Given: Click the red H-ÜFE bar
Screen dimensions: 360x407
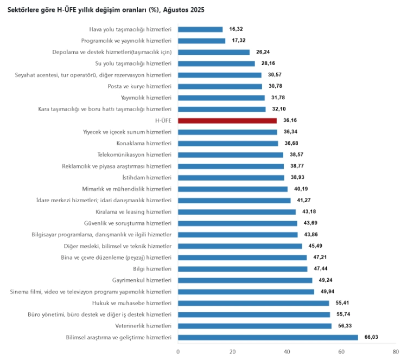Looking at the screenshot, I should (x=227, y=120).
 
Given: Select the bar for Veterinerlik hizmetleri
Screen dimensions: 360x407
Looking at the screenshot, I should (x=255, y=326).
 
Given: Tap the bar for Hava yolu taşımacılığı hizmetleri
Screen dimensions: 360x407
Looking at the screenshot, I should (x=200, y=29).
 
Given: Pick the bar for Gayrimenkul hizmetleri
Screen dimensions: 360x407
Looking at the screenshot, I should (x=245, y=280).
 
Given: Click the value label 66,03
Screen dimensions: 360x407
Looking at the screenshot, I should (x=371, y=337).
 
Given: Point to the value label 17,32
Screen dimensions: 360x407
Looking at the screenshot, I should (x=238, y=41).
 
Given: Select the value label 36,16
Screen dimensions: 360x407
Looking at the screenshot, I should (x=290, y=120).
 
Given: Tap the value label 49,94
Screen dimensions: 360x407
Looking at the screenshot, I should (x=327, y=292).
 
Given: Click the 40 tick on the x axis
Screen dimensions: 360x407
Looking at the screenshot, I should (x=287, y=352).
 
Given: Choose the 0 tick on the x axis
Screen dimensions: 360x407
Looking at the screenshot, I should (x=178, y=352).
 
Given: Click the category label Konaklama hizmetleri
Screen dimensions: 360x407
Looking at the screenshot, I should (x=144, y=143).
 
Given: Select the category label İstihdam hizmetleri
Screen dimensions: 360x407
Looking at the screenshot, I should (x=147, y=177).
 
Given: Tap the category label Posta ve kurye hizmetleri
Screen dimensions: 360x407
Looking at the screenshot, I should (x=140, y=86).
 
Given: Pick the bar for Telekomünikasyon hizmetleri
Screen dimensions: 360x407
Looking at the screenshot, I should (x=231, y=155).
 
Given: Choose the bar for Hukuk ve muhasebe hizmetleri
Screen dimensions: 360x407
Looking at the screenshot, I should (x=253, y=303).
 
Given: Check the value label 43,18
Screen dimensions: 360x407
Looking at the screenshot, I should (x=309, y=211).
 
